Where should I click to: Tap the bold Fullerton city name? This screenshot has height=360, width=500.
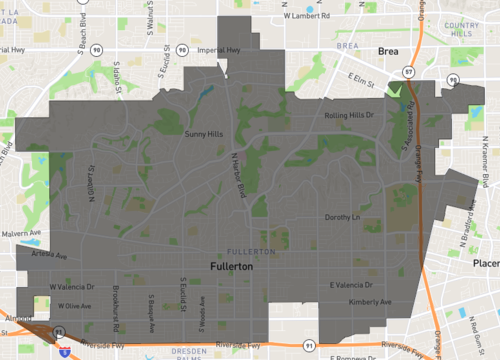coord(231,268)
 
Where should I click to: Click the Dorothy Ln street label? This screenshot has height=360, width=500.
coord(342,216)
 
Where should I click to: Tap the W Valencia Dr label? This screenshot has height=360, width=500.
coord(71,287)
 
